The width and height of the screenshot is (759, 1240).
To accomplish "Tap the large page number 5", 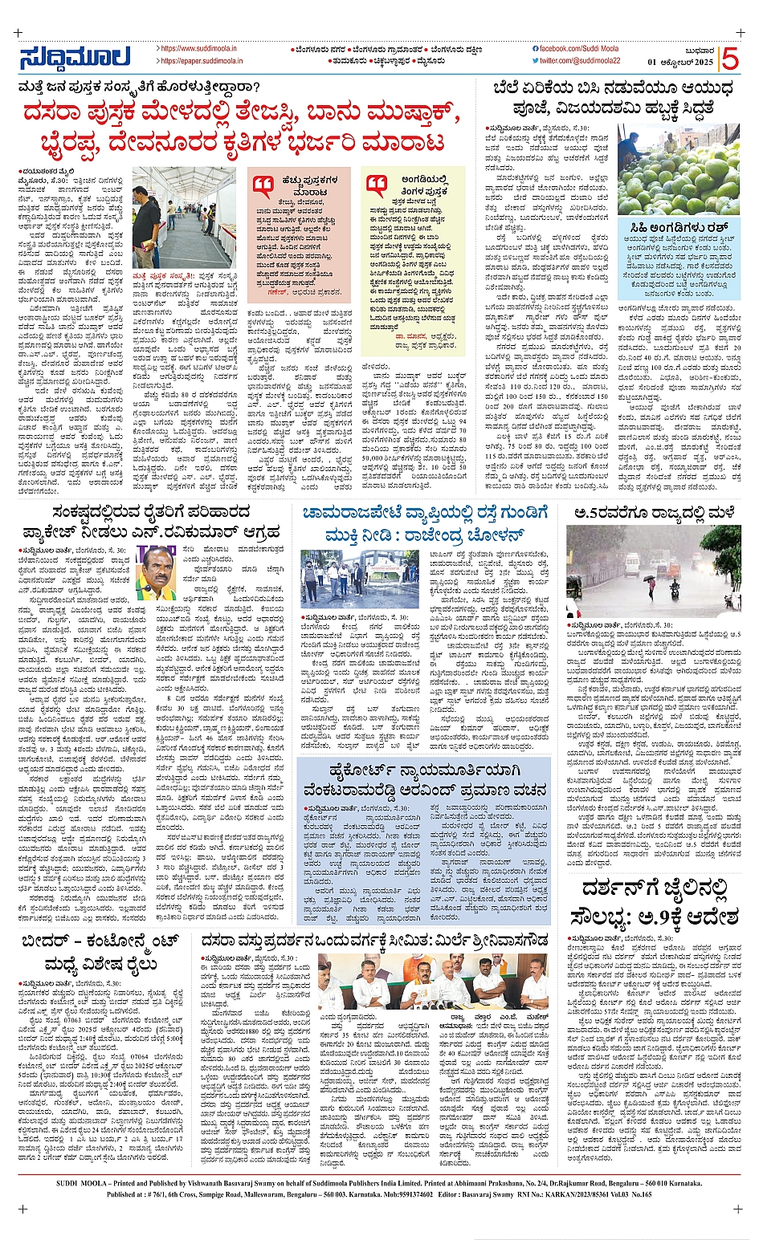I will pos(729,59).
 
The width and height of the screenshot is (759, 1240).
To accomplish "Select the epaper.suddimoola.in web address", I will pos(199,61).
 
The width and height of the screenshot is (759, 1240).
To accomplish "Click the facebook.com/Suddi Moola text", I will pos(573,49).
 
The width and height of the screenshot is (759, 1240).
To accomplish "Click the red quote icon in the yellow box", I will pos(377,185).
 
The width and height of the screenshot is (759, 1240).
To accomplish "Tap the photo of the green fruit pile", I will pos(679,169).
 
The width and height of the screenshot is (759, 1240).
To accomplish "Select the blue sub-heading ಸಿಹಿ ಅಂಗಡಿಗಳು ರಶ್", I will pos(679,228).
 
